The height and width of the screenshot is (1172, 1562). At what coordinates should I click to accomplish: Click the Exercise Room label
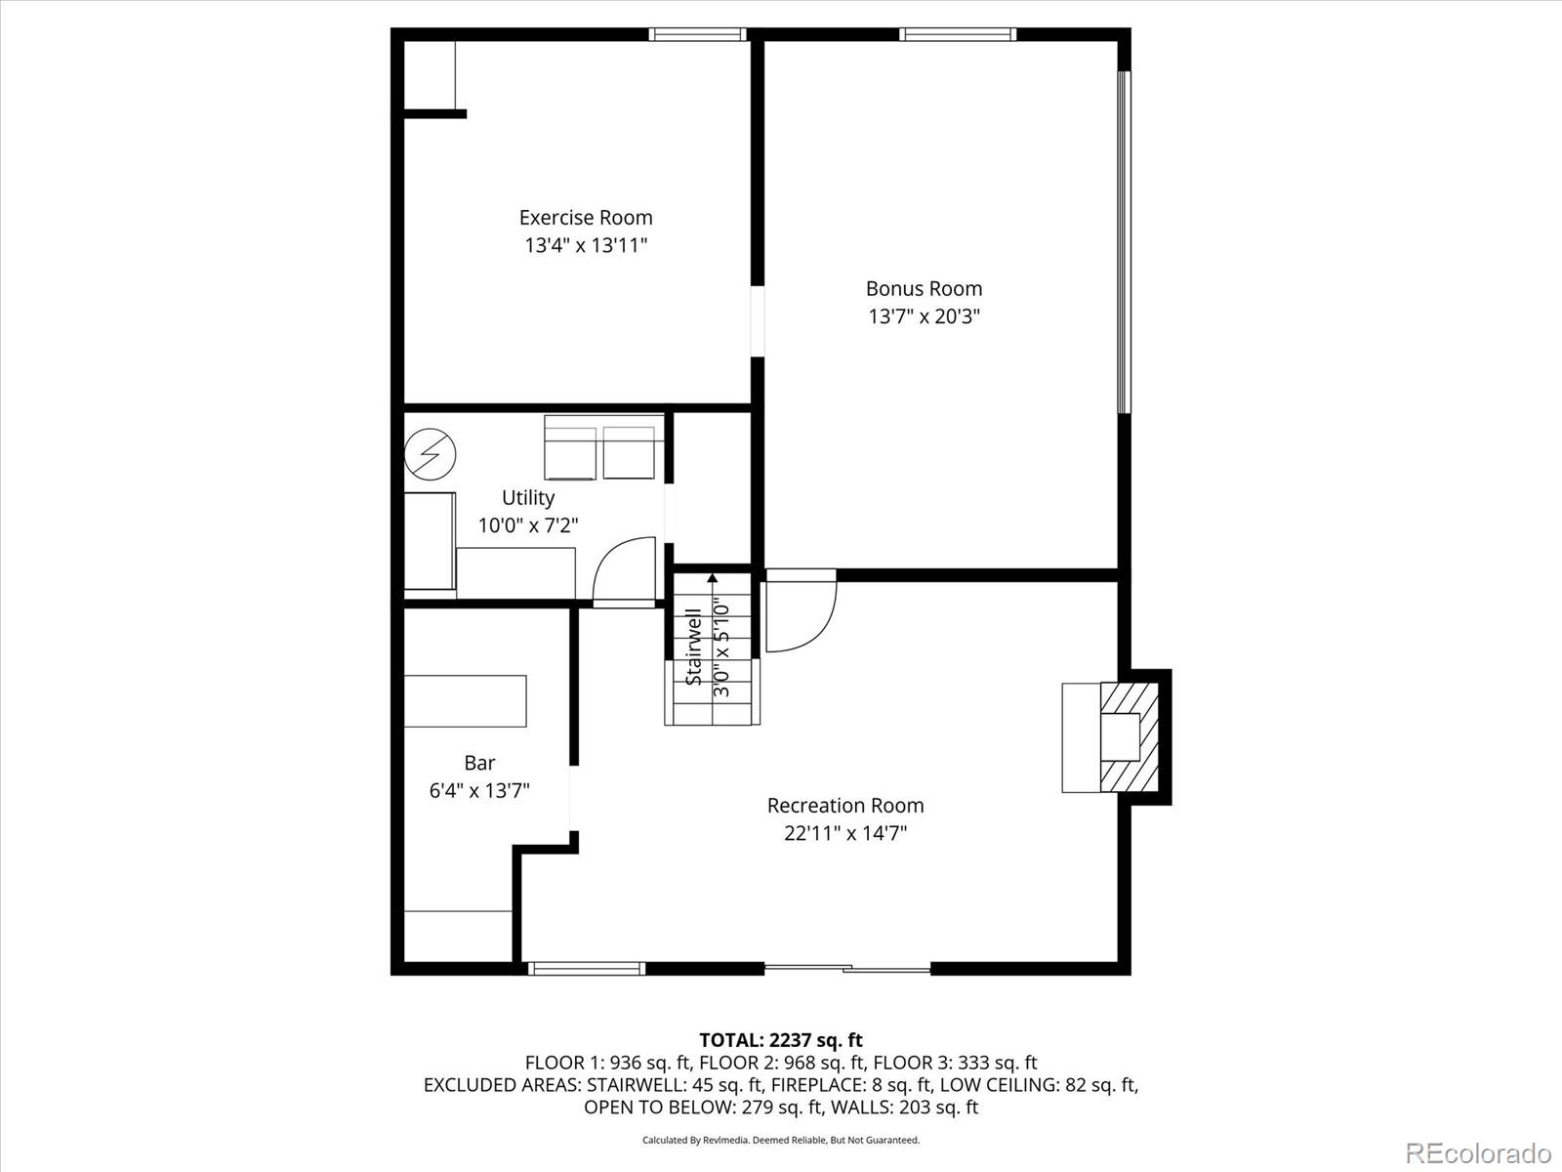pos(586,218)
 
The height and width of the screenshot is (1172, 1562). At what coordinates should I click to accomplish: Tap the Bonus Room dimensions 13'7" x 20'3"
pos(924,316)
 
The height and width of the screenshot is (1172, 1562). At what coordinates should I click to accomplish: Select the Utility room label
pos(528,497)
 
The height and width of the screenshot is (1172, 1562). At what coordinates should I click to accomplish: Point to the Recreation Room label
pos(845,806)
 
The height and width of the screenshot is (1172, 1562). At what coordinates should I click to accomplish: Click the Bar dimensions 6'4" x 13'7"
pos(479,790)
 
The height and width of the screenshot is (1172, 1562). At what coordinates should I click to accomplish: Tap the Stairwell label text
pos(694,647)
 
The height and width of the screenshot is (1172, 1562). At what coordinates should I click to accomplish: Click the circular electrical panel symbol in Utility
pos(431,454)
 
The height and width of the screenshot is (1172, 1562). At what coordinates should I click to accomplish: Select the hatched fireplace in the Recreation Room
pos(1130,737)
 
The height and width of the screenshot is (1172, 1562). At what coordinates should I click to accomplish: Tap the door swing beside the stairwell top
pos(801,615)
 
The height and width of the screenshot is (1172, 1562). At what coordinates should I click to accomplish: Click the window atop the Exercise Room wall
pos(698,34)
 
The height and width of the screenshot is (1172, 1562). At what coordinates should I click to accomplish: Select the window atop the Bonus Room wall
pos(958,34)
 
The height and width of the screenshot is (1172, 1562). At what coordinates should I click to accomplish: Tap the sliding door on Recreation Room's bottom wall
pos(847,969)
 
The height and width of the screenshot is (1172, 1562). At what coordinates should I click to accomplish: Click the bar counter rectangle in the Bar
pos(466,700)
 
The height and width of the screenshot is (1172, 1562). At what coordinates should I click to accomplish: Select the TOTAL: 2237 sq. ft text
pos(780,1040)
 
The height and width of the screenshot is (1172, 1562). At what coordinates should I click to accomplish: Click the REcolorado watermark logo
pos(1478,1152)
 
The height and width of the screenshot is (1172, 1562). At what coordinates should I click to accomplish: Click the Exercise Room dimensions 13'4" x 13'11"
pos(586,245)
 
